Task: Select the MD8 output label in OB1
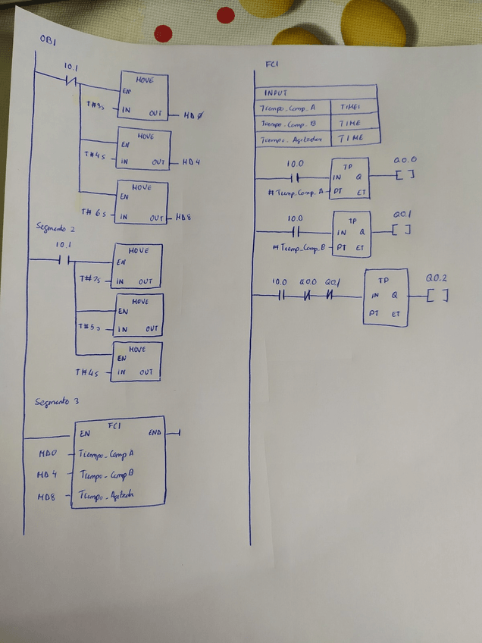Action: pyautogui.click(x=184, y=218)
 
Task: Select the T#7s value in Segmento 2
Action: pyautogui.click(x=91, y=279)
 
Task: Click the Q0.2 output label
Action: pyautogui.click(x=438, y=277)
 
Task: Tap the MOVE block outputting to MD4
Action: pyautogui.click(x=144, y=152)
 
